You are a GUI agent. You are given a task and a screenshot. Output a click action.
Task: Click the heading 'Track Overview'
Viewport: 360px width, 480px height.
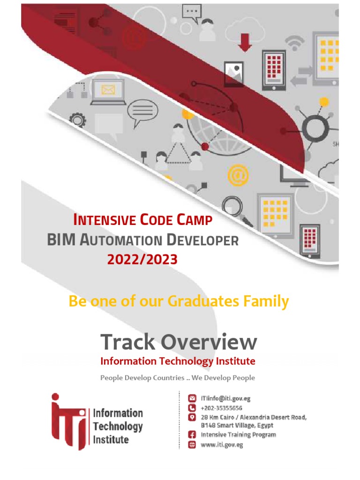[179, 342]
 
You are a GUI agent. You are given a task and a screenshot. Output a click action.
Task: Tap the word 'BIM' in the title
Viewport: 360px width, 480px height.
[61, 240]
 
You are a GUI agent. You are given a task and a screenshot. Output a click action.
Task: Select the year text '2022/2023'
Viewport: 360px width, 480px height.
[142, 259]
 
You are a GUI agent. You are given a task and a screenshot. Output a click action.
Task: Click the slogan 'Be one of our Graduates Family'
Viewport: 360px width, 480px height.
[179, 301]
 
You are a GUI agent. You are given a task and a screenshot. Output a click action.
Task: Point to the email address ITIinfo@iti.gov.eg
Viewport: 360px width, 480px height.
[225, 399]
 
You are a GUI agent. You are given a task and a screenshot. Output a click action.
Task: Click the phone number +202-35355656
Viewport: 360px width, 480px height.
[221, 408]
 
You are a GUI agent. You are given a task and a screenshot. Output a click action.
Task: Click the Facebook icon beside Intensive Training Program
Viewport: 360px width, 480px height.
[192, 435]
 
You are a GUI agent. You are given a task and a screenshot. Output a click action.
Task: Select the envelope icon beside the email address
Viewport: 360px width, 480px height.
[192, 399]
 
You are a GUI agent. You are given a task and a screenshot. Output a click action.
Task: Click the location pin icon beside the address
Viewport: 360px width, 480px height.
[192, 417]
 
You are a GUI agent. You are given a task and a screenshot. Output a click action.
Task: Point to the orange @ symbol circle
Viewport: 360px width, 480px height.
[238, 176]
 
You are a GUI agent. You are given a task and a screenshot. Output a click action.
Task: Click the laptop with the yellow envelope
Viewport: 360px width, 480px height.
[108, 92]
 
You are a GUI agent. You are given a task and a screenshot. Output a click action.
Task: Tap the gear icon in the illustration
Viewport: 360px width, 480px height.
[78, 120]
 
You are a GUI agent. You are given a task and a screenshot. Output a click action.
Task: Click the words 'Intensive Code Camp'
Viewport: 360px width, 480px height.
[142, 220]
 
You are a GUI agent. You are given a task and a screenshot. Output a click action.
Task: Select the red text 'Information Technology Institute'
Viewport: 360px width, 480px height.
[178, 361]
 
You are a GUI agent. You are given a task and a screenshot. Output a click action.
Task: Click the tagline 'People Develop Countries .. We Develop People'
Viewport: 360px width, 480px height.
[178, 377]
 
